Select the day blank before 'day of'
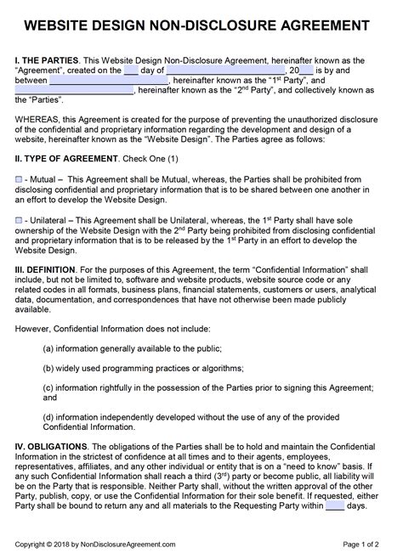pos(131,71)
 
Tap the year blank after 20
pos(307,71)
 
